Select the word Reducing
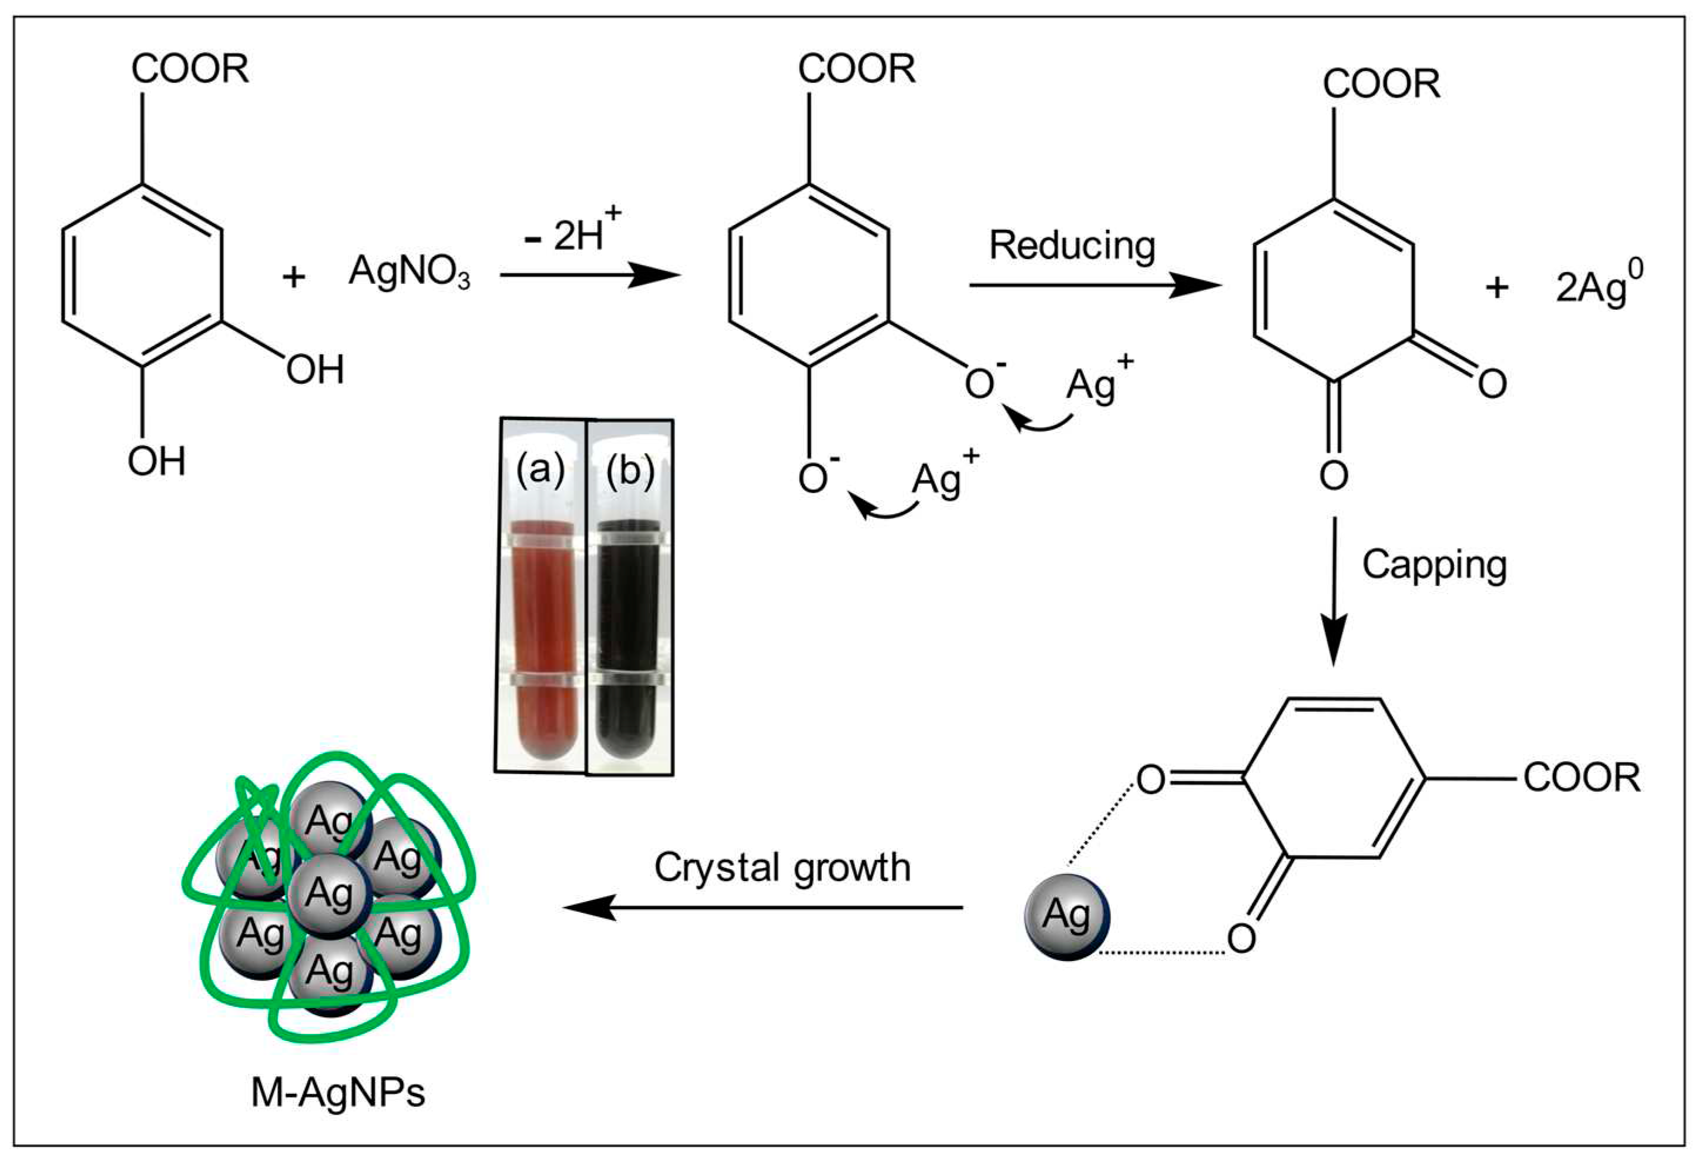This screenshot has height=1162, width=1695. point(1072,245)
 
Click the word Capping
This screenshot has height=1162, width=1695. point(1434,565)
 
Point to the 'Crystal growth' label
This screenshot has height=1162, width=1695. point(782,868)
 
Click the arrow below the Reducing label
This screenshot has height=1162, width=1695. point(1094,285)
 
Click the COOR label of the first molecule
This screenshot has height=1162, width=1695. point(190,69)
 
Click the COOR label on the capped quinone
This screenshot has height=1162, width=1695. point(1581,778)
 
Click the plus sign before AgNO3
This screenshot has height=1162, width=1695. point(293,276)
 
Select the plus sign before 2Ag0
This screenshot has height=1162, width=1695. point(1496,287)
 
